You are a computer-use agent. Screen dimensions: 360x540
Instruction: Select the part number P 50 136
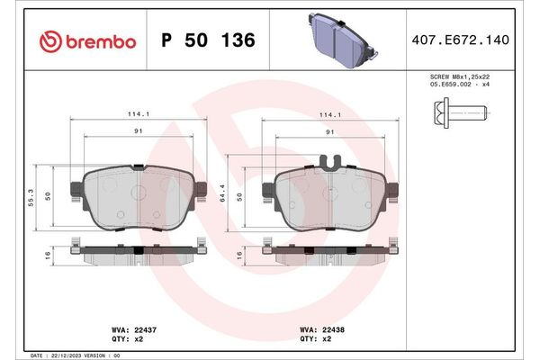(x=207, y=40)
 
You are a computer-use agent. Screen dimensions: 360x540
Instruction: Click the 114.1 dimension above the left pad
(x=137, y=115)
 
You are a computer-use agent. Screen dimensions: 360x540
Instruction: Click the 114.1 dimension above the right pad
(x=332, y=115)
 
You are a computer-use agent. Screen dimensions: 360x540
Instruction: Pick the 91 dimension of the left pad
(x=138, y=131)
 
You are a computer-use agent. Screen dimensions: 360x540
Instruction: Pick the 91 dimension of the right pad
(x=332, y=131)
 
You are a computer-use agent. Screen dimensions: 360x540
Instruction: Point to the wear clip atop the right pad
(x=332, y=163)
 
